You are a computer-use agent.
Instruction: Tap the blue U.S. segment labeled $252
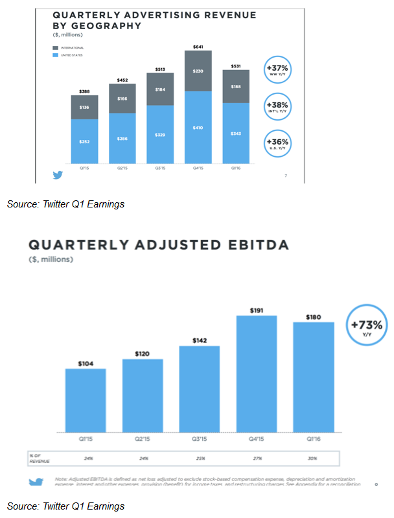pos(85,141)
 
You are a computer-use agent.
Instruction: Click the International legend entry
pos(68,47)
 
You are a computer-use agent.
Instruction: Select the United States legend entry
pos(68,55)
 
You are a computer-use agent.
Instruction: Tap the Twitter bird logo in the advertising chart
pos(58,174)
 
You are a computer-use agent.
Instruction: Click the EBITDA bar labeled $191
pos(256,373)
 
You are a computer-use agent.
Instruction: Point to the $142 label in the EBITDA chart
pos(199,340)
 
